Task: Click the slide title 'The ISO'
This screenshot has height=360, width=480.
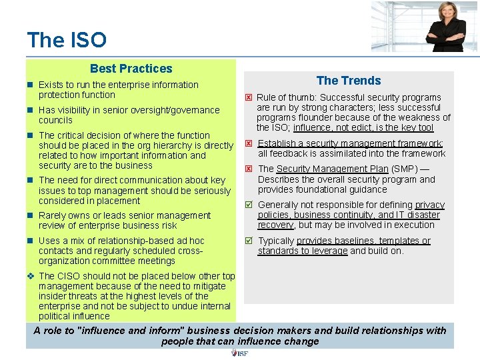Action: pyautogui.click(x=67, y=40)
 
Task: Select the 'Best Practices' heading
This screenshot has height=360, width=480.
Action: pyautogui.click(x=131, y=69)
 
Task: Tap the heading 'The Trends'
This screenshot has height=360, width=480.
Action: pyautogui.click(x=349, y=81)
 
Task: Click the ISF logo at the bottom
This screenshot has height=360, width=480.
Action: pyautogui.click(x=239, y=353)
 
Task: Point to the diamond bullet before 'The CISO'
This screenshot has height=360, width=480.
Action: pyautogui.click(x=31, y=276)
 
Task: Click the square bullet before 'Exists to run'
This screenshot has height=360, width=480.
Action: pyautogui.click(x=31, y=85)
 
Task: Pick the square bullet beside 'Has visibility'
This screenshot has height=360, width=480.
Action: pyautogui.click(x=31, y=111)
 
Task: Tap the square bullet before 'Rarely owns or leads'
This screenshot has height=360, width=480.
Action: pyautogui.click(x=31, y=216)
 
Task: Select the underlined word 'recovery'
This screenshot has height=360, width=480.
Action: pyautogui.click(x=275, y=225)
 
